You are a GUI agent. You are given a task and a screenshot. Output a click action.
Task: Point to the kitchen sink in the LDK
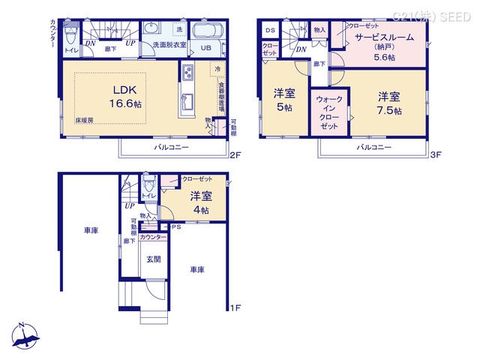(x=187, y=73)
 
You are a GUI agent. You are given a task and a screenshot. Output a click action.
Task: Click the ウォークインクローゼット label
(x=329, y=112)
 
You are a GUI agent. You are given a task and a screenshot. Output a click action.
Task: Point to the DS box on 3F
(x=270, y=30)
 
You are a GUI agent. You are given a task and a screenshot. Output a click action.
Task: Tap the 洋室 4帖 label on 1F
(x=199, y=202)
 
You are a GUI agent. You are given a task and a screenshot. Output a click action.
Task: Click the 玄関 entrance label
(x=154, y=259)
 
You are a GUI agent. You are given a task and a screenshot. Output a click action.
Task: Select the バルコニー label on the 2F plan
(x=172, y=148)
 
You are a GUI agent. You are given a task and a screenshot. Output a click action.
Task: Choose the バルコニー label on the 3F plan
(x=373, y=148)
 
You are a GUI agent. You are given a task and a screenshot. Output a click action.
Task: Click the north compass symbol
(x=23, y=337)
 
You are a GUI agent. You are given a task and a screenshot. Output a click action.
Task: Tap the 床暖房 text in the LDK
(x=83, y=120)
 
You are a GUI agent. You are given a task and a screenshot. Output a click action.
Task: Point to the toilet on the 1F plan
(x=150, y=184)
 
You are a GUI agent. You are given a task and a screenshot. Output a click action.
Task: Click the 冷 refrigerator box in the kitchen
(x=217, y=69)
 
